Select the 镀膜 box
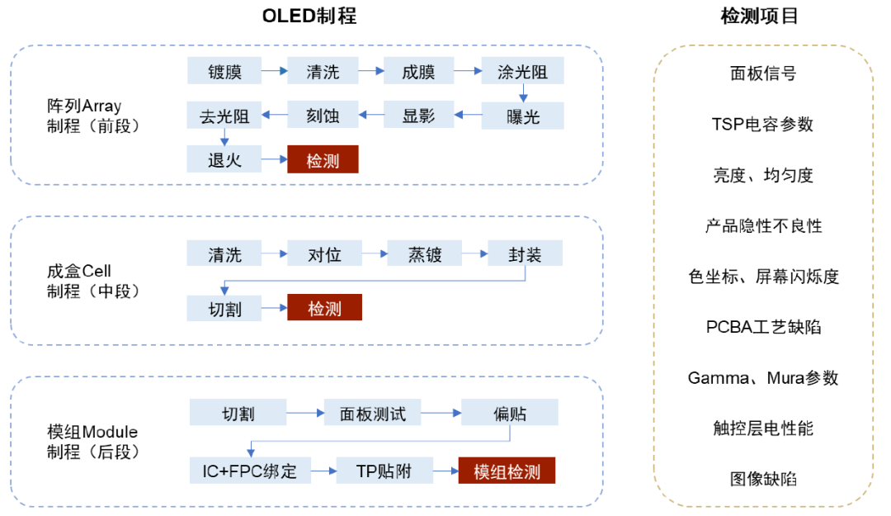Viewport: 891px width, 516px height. pos(224,71)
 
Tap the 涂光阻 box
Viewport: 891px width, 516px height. pos(522,71)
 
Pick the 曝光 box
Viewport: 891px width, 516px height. pos(522,116)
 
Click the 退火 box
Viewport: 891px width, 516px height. pos(224,160)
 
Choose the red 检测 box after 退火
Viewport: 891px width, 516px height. pos(323,160)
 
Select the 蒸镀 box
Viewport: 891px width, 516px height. pos(424,254)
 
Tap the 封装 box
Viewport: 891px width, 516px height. pos(525,254)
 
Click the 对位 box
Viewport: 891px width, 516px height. pos(323,254)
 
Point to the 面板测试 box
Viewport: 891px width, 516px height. pos(373,413)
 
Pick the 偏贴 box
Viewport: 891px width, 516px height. pos(509,413)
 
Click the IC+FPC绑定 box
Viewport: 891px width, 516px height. pos(249,471)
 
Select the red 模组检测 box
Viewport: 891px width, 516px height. pos(507,471)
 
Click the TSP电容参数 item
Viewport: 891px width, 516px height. pos(762,124)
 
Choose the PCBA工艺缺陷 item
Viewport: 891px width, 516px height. pos(763,327)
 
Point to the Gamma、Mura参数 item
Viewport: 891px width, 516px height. pos(762,377)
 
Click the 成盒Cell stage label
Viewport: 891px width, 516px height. pos(79,272)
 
